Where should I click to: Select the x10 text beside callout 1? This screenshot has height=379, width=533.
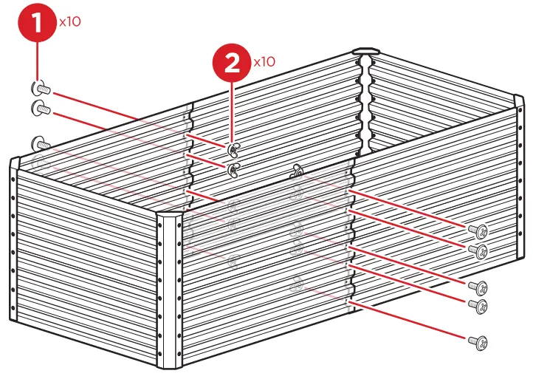click(69, 21)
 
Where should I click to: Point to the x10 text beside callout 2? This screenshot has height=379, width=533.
click(264, 61)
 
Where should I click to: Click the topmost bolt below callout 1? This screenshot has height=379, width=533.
click(40, 89)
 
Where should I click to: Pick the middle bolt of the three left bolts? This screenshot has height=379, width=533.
click(40, 109)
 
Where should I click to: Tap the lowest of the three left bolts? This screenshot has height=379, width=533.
click(41, 142)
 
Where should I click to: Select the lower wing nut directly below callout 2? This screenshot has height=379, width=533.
click(233, 171)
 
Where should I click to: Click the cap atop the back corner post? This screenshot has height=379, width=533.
click(365, 52)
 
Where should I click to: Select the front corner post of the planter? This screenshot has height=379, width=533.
click(170, 288)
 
